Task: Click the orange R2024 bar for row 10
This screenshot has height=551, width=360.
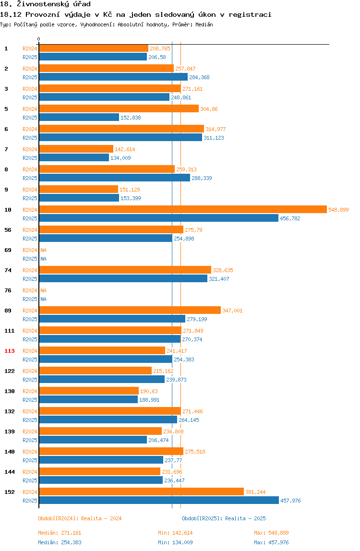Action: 183,209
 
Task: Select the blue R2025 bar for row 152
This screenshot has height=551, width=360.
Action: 159,501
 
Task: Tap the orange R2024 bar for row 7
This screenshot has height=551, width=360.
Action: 76,149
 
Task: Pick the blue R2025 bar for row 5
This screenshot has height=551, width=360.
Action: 79,118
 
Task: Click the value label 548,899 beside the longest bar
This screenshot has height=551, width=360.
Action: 338,210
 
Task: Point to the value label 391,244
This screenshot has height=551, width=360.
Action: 255,492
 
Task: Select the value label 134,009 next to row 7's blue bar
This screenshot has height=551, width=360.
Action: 120,158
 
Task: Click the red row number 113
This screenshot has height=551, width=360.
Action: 10,351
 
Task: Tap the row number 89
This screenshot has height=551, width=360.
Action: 8,311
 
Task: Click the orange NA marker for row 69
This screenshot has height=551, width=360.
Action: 43,250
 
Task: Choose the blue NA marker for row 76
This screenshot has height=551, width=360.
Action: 43,299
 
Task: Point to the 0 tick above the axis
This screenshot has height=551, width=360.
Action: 39,39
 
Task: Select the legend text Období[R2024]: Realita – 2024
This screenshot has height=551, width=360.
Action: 80,518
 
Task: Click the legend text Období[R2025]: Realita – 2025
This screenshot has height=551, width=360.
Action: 224,518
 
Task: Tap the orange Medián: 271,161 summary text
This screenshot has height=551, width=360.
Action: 60,533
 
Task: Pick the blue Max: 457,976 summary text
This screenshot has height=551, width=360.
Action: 271,542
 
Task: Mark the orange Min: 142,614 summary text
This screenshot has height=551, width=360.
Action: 175,533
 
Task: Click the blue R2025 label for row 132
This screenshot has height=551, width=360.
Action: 30,420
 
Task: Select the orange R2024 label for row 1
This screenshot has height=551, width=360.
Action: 30,48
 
